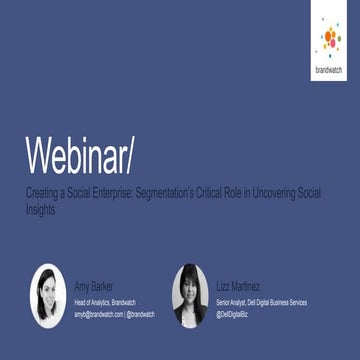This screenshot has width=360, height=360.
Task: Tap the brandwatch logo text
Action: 329,70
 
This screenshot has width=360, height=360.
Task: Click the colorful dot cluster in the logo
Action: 330,38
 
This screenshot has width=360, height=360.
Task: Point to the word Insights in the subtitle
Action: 43,210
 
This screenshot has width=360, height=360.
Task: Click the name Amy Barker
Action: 96,285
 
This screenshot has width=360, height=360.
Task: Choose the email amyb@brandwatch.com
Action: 98,313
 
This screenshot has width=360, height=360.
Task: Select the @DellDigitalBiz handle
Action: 236,313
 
